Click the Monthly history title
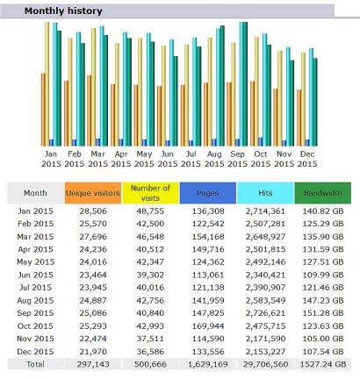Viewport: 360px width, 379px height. (x=63, y=11)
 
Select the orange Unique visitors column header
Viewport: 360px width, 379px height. (x=93, y=193)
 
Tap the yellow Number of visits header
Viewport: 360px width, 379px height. (x=150, y=193)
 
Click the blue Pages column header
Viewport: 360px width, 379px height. (x=208, y=193)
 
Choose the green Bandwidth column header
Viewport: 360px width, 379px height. (x=323, y=193)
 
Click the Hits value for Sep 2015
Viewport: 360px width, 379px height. (x=265, y=313)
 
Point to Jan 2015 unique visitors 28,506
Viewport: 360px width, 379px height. (x=93, y=211)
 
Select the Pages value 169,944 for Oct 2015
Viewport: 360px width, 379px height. (x=208, y=325)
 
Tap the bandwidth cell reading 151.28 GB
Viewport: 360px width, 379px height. (x=323, y=313)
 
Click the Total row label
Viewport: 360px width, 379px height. (x=35, y=364)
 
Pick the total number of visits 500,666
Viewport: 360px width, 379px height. (x=150, y=364)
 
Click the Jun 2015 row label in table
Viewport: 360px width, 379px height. (x=35, y=275)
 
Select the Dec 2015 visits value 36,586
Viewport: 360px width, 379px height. (x=150, y=352)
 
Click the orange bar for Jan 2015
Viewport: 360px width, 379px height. (x=43, y=110)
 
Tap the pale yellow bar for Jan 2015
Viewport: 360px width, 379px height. (x=47, y=84)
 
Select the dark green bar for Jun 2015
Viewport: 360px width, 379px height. (x=176, y=101)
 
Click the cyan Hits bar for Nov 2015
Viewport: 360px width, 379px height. (x=288, y=97)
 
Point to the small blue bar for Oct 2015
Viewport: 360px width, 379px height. (x=261, y=142)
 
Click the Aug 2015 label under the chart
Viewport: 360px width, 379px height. (x=214, y=159)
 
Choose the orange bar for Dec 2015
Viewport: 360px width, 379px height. (x=299, y=118)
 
